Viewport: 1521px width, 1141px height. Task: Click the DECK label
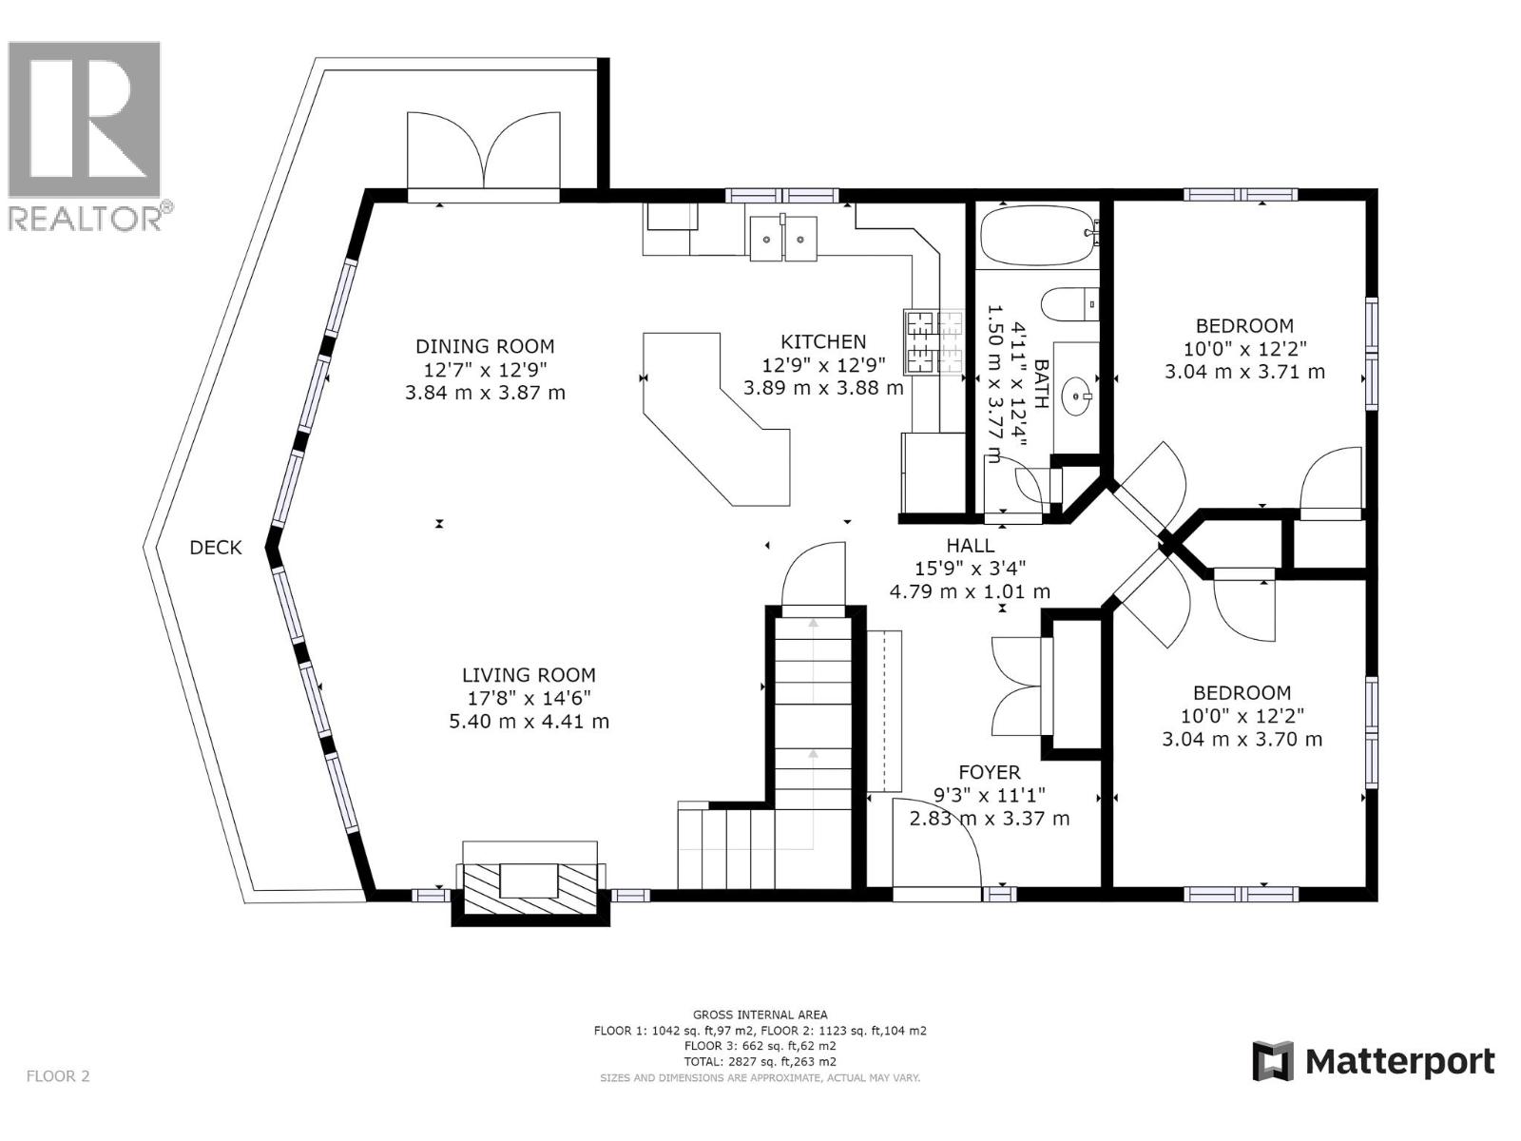click(216, 548)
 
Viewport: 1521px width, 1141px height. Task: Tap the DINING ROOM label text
click(485, 346)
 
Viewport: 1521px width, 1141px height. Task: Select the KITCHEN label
click(823, 341)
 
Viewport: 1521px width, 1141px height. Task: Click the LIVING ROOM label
click(529, 675)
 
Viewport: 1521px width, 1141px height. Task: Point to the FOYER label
click(989, 773)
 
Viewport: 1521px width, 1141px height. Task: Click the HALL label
click(970, 546)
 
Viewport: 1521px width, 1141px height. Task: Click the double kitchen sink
click(783, 239)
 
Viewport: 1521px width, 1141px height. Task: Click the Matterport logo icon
click(1273, 1061)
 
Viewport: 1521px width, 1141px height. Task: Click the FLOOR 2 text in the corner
click(58, 1076)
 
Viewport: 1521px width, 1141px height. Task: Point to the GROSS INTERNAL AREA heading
click(760, 1015)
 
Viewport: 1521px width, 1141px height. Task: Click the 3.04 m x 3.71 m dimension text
click(1244, 372)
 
